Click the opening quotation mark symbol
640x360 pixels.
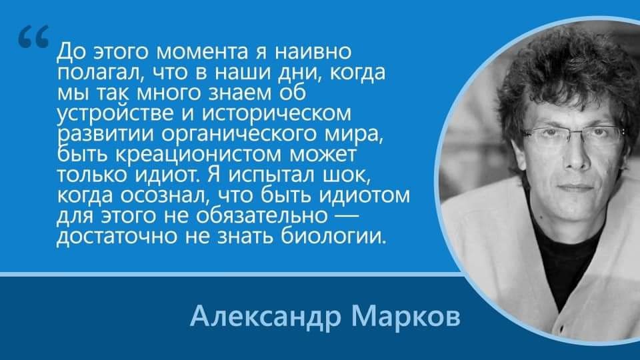tap(33, 36)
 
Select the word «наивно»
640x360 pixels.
tap(314, 51)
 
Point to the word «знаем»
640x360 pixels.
tap(239, 93)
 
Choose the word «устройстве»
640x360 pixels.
tap(115, 114)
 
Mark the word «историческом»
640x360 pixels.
tap(277, 114)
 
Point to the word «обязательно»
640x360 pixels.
tap(261, 216)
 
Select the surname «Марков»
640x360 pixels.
tap(406, 317)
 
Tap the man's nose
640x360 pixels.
tap(576, 153)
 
